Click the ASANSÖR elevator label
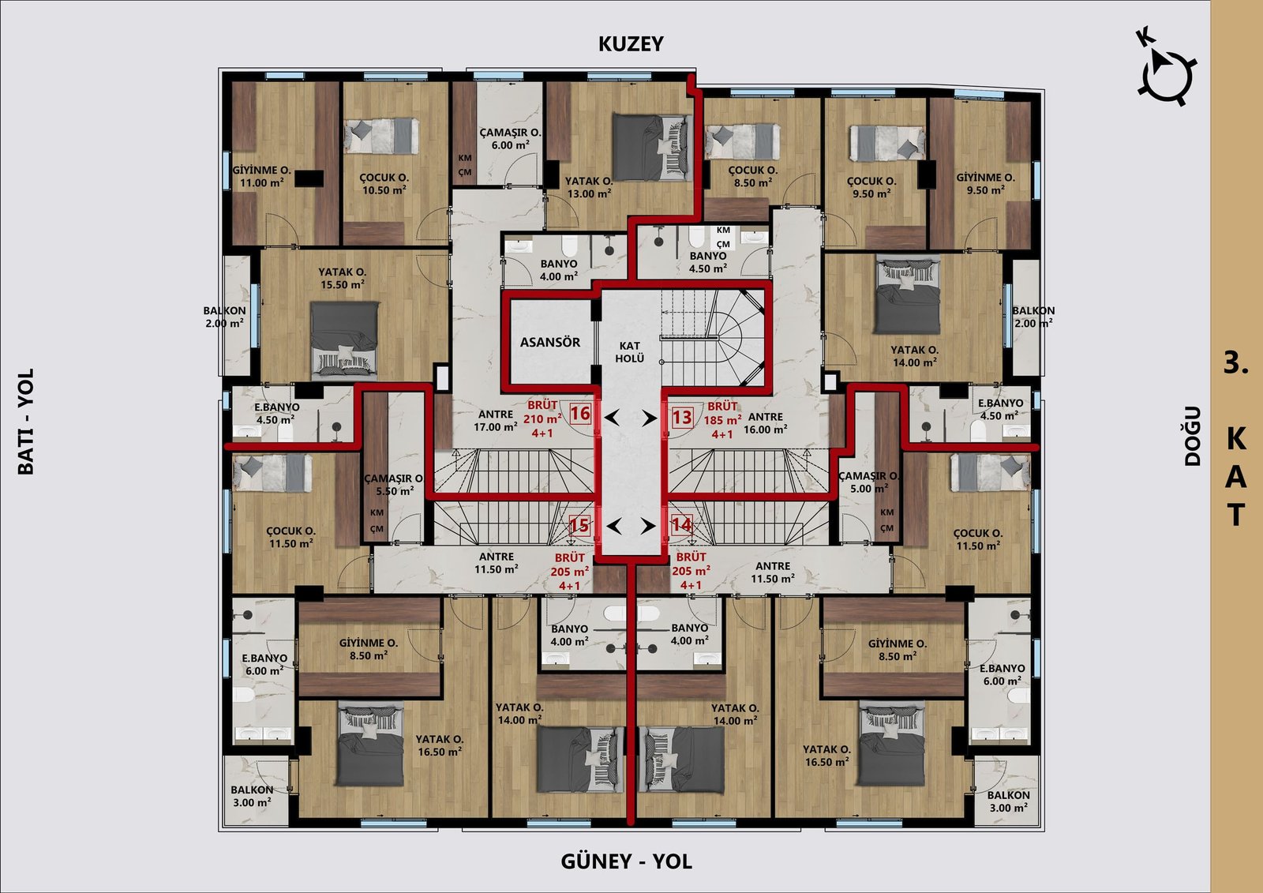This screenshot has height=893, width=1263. (x=549, y=343)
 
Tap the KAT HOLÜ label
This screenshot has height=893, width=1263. (x=629, y=352)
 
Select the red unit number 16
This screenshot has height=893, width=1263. (x=579, y=414)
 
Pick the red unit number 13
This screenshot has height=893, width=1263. (x=682, y=418)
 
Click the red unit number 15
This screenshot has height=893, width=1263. (x=579, y=526)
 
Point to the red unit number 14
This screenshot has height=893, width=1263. (x=681, y=524)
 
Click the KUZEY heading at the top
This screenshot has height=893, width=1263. (x=631, y=44)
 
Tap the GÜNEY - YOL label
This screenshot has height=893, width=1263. (x=626, y=861)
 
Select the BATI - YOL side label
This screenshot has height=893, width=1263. (x=26, y=422)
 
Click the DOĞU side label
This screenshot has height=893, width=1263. (x=1192, y=436)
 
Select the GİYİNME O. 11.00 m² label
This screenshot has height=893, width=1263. (x=261, y=176)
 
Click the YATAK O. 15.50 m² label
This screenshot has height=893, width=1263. (x=343, y=278)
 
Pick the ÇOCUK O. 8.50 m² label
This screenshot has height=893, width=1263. (x=753, y=176)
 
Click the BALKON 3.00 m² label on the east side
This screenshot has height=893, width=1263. (x=1008, y=801)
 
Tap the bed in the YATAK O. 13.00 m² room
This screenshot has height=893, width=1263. (x=652, y=147)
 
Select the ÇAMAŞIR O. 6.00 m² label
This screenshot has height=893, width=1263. (x=510, y=139)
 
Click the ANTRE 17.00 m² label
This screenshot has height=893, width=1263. (x=496, y=421)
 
